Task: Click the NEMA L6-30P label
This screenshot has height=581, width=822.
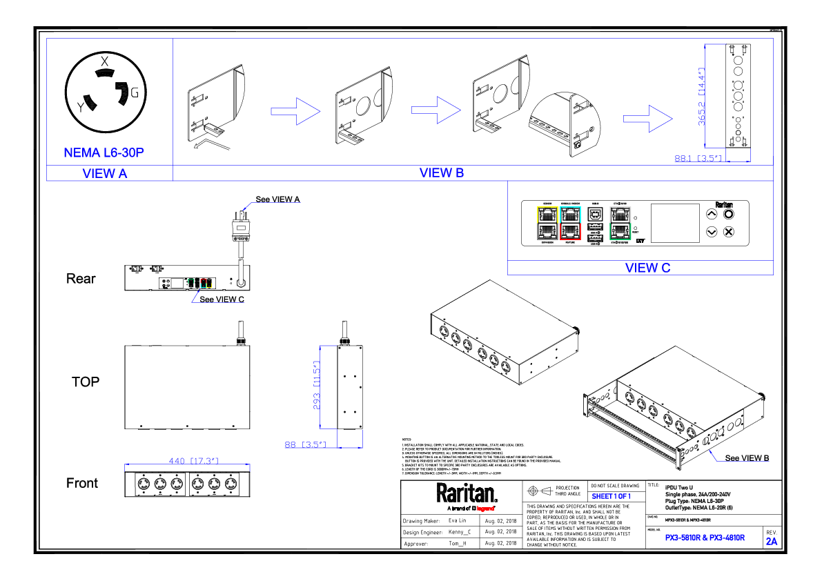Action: pos(104,152)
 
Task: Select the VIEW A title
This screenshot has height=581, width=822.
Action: pos(105,173)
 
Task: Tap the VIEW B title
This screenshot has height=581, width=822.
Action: pos(442,173)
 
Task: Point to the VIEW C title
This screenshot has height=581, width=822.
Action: pos(647,268)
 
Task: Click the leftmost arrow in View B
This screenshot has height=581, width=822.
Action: pos(295,111)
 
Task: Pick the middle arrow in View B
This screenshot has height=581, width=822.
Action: pos(436,110)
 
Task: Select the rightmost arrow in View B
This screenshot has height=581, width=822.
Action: pos(648,119)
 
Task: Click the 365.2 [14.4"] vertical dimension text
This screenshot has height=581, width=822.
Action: pos(701,96)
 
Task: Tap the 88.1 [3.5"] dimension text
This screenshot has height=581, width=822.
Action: pos(698,159)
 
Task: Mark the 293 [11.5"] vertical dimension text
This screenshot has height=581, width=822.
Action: pos(317,385)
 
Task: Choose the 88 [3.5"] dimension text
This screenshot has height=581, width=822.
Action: pos(304,445)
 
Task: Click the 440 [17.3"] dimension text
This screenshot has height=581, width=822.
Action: pos(193,461)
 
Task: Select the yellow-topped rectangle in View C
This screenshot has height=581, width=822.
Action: pos(547,223)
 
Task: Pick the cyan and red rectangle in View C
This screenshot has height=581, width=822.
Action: pos(570,223)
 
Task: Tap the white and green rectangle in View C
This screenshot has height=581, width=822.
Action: pos(620,223)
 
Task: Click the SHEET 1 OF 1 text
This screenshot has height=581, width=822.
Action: pos(611,496)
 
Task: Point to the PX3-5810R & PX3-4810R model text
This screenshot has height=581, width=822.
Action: pos(705,538)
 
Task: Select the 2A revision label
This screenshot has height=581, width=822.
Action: pos(772,542)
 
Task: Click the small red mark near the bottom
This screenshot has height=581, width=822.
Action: pos(485,509)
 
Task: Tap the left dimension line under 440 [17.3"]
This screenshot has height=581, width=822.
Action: pos(125,467)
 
